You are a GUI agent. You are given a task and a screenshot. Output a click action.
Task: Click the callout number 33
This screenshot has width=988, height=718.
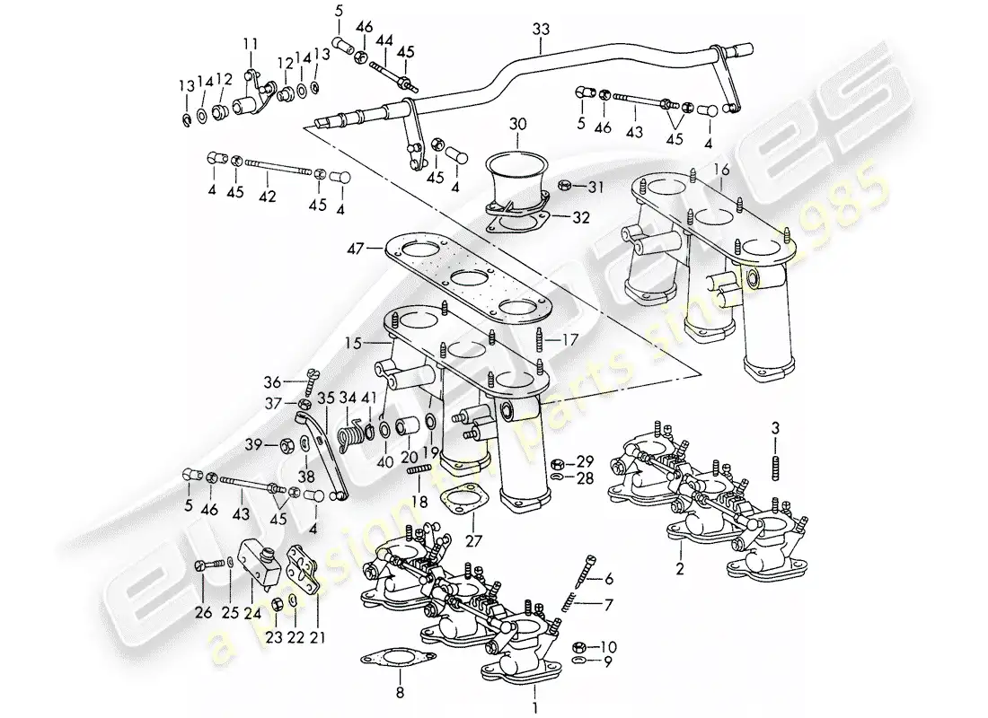click(540, 29)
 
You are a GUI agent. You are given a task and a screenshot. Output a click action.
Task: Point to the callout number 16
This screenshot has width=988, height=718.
click(721, 170)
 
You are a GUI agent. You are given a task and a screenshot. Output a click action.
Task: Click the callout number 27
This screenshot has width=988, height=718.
click(473, 540)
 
